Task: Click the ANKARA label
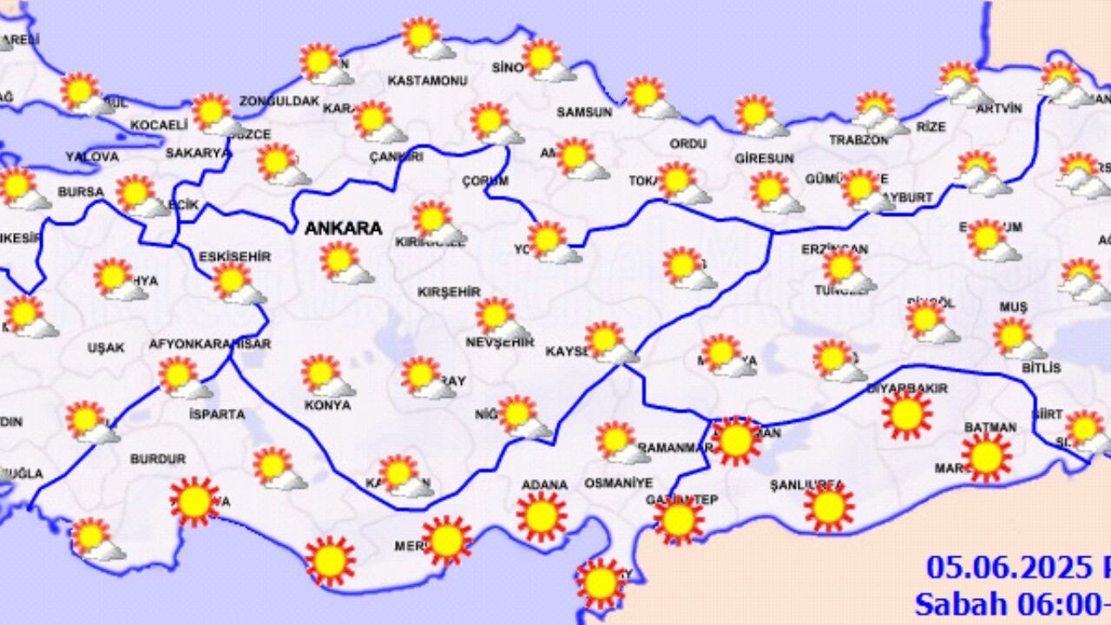click(x=343, y=228)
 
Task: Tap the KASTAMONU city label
click(x=427, y=81)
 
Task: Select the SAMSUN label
click(x=584, y=112)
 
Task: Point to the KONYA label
click(x=327, y=405)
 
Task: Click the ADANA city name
click(x=544, y=484)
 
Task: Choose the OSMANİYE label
click(x=618, y=483)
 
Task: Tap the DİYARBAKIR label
click(x=913, y=388)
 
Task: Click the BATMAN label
click(x=989, y=427)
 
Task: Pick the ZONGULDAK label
click(x=279, y=101)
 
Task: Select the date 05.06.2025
click(x=1006, y=568)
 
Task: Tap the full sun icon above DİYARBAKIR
click(x=907, y=415)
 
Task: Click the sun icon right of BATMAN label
click(x=987, y=457)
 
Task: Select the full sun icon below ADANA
click(x=542, y=516)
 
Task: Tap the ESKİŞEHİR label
click(x=234, y=256)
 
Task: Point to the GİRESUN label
click(x=764, y=159)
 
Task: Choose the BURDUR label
click(x=158, y=458)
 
